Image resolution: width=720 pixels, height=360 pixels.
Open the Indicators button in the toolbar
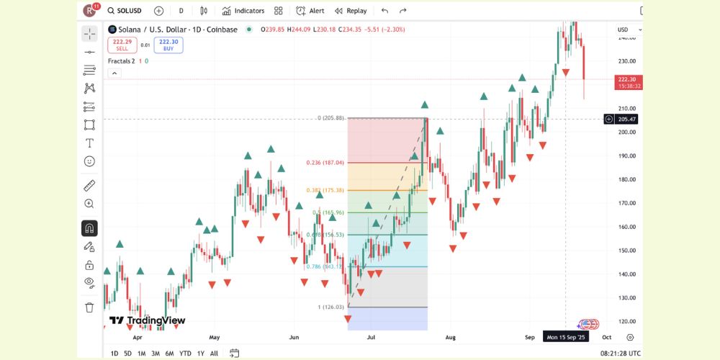coord(243,11)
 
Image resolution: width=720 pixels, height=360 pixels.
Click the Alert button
coord(310,11)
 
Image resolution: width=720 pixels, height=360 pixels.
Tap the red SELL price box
coord(122,45)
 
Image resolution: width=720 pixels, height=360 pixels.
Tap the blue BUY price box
coord(168,45)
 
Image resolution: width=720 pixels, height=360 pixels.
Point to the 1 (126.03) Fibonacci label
coord(330,307)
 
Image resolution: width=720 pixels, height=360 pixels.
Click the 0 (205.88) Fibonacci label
coord(331,118)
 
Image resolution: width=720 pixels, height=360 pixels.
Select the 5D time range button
coord(127,353)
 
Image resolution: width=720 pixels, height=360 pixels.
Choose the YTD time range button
coord(185,353)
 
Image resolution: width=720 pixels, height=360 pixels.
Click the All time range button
coord(214,353)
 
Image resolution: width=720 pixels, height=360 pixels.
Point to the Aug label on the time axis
coord(451,337)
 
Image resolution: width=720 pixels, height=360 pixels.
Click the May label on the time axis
coord(214,337)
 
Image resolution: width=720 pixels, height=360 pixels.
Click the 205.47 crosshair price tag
coord(626,119)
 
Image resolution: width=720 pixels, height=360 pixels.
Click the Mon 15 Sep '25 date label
coord(567,337)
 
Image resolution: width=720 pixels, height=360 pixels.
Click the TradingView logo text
coord(148,320)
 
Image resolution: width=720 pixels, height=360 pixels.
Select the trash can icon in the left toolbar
coord(89,307)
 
